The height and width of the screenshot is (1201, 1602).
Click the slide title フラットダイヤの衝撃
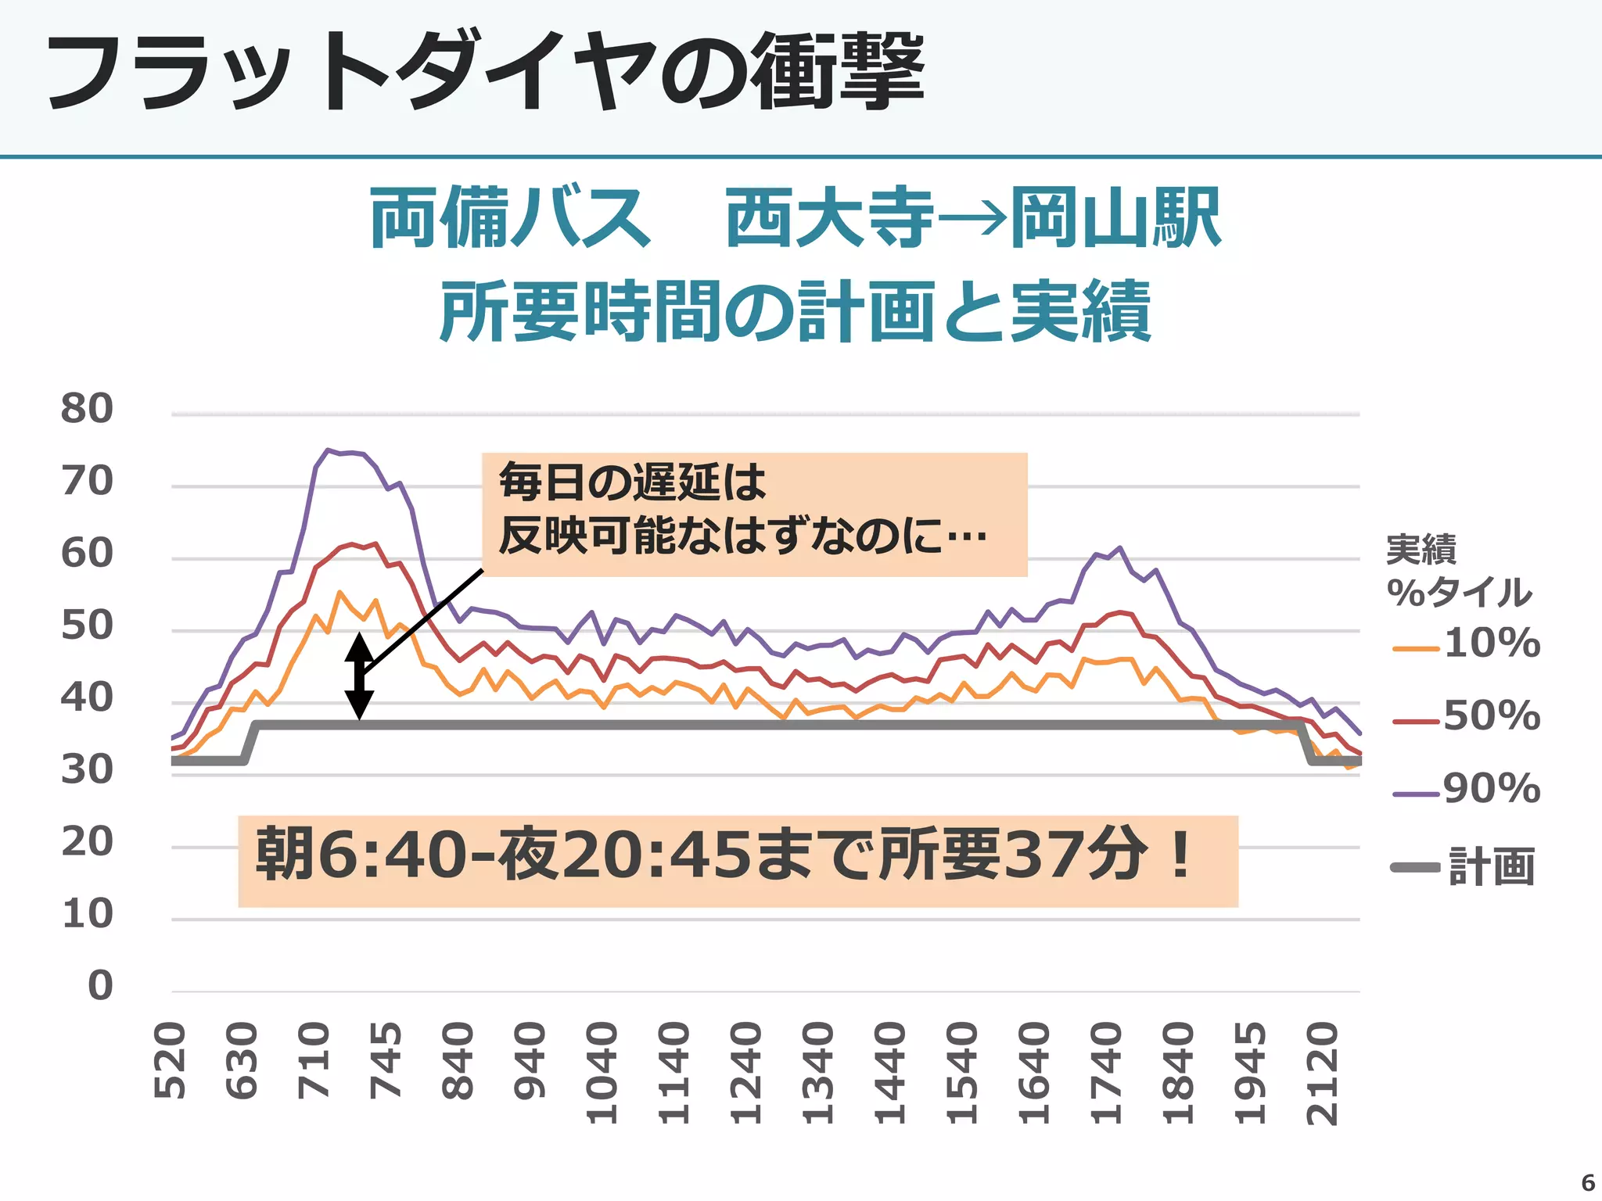pyautogui.click(x=485, y=72)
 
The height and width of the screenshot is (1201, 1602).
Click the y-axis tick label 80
pyautogui.click(x=87, y=408)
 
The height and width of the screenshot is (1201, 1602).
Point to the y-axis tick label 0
pyautogui.click(x=100, y=985)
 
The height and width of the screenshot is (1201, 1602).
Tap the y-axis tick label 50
pyautogui.click(x=87, y=626)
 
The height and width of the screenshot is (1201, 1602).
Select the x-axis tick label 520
pyautogui.click(x=171, y=1061)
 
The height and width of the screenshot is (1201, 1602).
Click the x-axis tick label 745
pyautogui.click(x=386, y=1061)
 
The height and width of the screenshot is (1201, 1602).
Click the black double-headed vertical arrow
pyautogui.click(x=359, y=676)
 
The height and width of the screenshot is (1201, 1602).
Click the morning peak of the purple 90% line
pyautogui.click(x=329, y=450)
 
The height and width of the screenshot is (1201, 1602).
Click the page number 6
pyautogui.click(x=1587, y=1182)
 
